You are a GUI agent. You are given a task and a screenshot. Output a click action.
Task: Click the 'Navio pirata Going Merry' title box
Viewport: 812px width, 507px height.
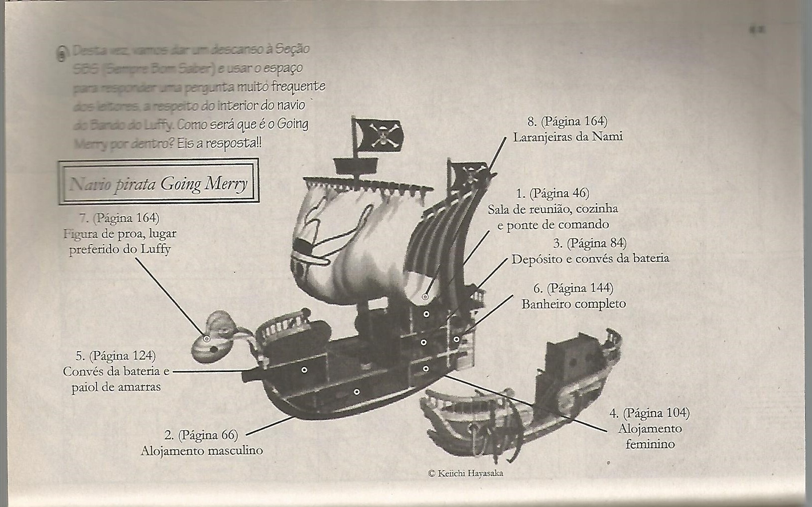[158, 182]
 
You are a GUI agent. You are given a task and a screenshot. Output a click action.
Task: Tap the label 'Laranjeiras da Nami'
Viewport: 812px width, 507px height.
[568, 136]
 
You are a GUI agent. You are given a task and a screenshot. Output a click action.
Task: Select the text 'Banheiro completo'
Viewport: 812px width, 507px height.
[573, 304]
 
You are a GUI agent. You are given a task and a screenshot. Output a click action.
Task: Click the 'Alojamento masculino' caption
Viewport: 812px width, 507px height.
[201, 451]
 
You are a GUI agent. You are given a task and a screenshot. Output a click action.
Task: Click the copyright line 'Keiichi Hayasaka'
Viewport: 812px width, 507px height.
[466, 474]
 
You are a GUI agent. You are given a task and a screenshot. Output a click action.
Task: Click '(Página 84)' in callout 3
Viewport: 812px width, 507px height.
[596, 243]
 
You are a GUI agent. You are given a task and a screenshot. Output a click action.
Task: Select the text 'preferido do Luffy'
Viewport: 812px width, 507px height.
[120, 249]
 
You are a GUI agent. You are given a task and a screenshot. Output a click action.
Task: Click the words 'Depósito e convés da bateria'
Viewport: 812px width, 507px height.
[590, 259]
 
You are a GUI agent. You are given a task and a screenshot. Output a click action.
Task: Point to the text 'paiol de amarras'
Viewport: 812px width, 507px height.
[116, 387]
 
